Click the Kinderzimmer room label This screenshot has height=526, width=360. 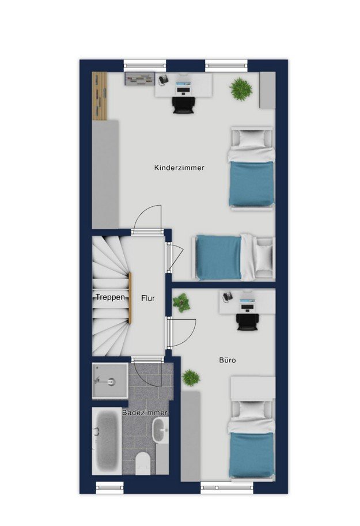click(179, 168)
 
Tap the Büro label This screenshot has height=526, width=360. click(228, 360)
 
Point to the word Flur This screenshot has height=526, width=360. click(148, 298)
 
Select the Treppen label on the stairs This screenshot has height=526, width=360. click(110, 297)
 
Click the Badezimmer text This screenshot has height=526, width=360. click(145, 413)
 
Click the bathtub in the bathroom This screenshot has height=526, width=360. click(107, 441)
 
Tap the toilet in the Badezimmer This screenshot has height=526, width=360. click(143, 463)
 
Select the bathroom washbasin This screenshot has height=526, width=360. click(160, 430)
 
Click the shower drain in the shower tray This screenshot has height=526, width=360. click(111, 381)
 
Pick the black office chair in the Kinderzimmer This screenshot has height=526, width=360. click(183, 104)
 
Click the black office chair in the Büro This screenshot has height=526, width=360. click(248, 321)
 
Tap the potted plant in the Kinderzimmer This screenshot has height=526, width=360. click(241, 89)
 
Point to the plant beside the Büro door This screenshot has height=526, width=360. click(181, 302)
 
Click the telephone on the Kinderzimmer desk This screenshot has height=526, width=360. click(164, 80)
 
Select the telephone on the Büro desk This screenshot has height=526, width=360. click(228, 296)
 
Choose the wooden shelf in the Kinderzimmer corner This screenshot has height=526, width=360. click(100, 96)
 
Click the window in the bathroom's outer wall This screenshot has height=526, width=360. click(109, 487)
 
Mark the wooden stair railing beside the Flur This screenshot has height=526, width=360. click(130, 298)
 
